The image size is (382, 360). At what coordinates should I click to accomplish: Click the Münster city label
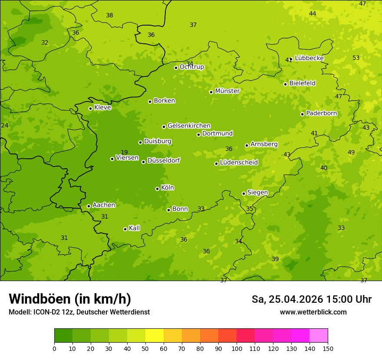(227, 91)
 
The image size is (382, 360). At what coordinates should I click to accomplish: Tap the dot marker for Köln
(157, 189)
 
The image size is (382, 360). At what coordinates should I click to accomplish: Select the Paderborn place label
(321, 113)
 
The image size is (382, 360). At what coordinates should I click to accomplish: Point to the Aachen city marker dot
(89, 206)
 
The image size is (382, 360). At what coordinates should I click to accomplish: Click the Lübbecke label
(309, 58)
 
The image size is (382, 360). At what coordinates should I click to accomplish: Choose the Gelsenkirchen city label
(189, 126)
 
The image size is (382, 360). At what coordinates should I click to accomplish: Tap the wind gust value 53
(356, 58)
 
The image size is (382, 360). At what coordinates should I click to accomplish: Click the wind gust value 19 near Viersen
(124, 152)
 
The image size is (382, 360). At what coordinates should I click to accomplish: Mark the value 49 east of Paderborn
(351, 152)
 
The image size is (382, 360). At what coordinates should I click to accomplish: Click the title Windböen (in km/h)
(70, 299)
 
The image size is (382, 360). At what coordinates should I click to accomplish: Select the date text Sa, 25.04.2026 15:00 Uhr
(311, 299)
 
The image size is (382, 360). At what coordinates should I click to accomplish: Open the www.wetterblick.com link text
(313, 312)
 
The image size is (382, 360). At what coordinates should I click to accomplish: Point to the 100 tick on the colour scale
(237, 348)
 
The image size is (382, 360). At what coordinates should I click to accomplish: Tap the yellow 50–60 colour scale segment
(155, 335)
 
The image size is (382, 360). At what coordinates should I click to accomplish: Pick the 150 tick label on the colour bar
(328, 348)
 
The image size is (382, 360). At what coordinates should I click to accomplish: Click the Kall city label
(135, 228)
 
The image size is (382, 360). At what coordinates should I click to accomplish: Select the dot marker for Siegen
(244, 193)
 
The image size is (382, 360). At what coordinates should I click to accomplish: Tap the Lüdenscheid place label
(239, 163)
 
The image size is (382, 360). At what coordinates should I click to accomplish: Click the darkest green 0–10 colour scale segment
(63, 335)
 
